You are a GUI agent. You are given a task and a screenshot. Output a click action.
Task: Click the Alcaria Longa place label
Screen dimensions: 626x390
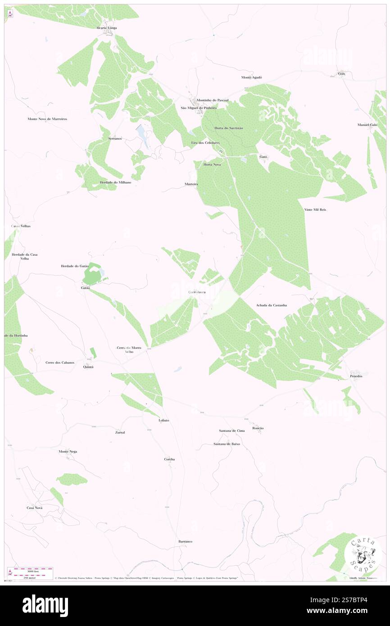(x=106, y=28)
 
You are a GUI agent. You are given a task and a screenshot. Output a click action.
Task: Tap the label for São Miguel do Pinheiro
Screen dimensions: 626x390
(x=199, y=108)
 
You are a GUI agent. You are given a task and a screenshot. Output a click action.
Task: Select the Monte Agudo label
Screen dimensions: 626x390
(x=252, y=77)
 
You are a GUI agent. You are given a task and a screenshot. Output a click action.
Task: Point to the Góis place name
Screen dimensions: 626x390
(x=342, y=73)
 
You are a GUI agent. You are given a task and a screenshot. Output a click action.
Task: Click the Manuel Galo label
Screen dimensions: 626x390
(x=367, y=125)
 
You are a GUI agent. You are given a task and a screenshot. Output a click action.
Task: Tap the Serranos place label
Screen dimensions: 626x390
(x=115, y=138)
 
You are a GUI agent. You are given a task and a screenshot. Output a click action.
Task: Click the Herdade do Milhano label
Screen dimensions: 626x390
(x=115, y=182)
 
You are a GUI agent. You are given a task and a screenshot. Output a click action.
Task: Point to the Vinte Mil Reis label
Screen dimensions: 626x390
(x=315, y=210)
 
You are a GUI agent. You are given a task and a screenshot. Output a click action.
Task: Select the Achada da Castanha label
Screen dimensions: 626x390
(x=271, y=305)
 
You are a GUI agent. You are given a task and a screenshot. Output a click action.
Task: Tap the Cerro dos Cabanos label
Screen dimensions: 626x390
(x=59, y=362)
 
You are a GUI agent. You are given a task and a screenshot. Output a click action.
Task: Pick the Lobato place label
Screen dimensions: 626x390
(x=163, y=420)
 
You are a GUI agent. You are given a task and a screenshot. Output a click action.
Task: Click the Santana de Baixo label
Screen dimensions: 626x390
(x=227, y=444)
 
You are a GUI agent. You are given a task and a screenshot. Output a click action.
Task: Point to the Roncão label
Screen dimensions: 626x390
(x=258, y=428)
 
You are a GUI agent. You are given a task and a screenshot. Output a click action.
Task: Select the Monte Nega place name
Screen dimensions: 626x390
(x=68, y=451)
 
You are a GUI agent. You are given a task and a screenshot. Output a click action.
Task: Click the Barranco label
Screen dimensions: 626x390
(x=185, y=541)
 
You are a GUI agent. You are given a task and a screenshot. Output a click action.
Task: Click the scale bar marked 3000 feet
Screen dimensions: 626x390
(x=32, y=570)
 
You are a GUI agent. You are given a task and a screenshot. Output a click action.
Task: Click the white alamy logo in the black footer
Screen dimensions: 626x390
(x=45, y=606)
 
